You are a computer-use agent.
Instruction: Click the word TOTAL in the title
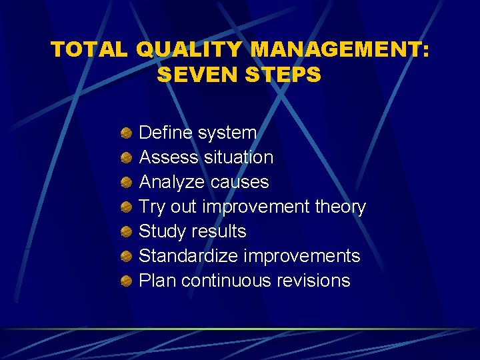[89, 49]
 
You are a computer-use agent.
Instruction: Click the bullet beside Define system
[125, 133]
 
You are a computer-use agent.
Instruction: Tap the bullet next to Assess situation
[125, 158]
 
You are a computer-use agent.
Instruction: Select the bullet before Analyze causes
[125, 183]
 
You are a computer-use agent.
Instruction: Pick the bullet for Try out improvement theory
[125, 207]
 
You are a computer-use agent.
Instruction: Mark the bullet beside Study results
[125, 232]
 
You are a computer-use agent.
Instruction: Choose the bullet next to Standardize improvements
[125, 257]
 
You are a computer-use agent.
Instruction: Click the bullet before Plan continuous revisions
[125, 281]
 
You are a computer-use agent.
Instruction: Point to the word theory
[340, 207]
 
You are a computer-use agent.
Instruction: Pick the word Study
[162, 231]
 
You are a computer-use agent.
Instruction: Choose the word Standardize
[189, 256]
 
